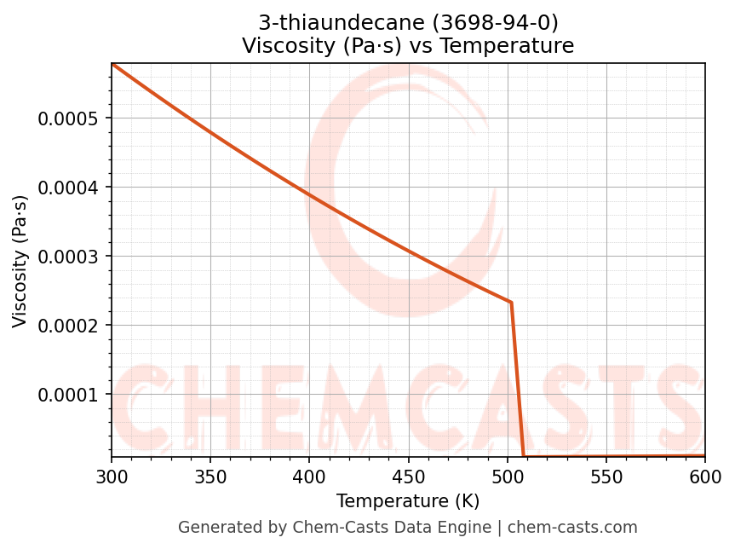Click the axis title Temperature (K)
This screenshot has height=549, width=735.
pos(408,500)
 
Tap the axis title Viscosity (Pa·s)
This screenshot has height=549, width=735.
pos(20,261)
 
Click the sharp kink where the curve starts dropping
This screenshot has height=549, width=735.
pos(511,302)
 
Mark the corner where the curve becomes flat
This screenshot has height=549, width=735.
pos(523,456)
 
